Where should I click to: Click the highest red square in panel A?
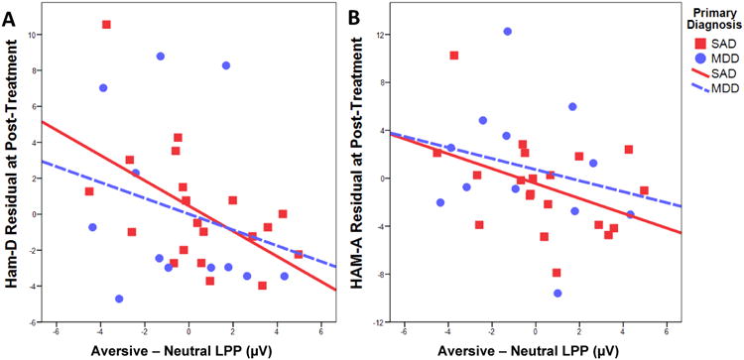(x=107, y=25)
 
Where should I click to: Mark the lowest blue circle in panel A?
(x=120, y=299)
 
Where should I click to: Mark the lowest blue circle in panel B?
(x=558, y=294)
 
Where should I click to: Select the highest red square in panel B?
(x=454, y=56)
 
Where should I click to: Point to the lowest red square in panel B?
(x=558, y=273)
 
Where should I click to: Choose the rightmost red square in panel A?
(x=299, y=255)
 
